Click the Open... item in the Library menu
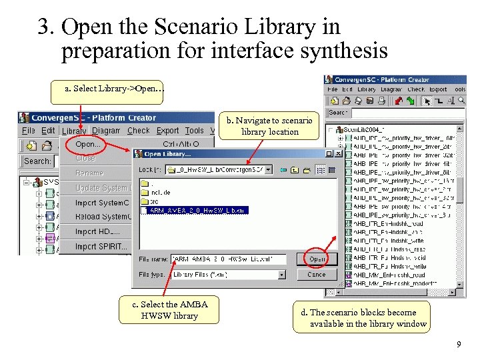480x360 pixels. (x=89, y=144)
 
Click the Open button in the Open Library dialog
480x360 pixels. (x=317, y=259)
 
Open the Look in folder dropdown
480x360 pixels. (x=269, y=170)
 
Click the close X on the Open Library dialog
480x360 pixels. (x=339, y=154)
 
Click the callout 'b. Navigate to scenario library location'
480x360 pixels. (x=269, y=126)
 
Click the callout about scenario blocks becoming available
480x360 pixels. (x=363, y=318)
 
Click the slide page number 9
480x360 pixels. (x=458, y=345)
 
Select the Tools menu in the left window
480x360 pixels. (x=195, y=131)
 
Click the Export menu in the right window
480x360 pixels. (x=438, y=89)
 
